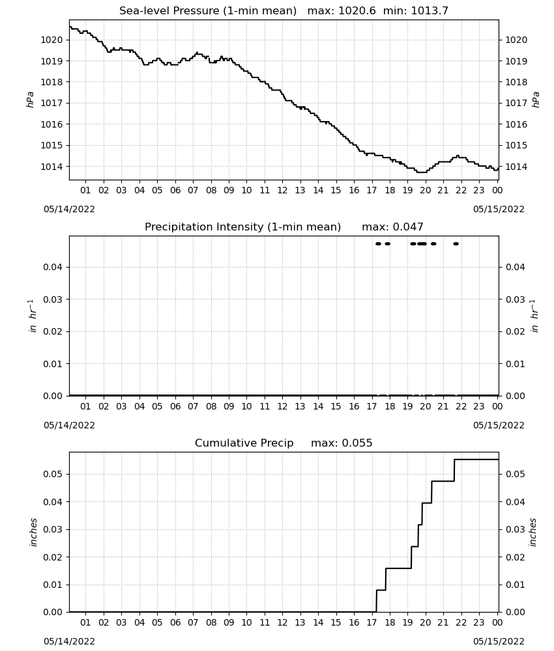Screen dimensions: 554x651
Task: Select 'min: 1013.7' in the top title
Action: [416, 10]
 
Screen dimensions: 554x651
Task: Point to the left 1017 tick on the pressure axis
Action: [51, 103]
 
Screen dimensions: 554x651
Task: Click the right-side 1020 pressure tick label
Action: [516, 40]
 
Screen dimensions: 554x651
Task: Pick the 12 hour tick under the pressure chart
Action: [282, 190]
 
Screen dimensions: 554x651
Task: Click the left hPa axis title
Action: [31, 100]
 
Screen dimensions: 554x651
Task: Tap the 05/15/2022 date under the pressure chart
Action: [499, 209]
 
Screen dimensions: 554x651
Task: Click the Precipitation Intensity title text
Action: [242, 227]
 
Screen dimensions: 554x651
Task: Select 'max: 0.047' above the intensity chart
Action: [393, 227]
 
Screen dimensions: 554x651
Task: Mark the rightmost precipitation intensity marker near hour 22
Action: [456, 243]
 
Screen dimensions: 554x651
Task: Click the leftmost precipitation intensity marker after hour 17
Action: [378, 243]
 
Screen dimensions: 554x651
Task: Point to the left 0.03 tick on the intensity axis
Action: [53, 299]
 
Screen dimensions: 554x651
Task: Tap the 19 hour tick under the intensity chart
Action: [408, 406]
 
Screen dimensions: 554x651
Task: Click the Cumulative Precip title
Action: [244, 443]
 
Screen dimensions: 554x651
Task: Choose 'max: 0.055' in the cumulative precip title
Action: [342, 443]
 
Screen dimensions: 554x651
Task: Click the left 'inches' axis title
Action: [34, 533]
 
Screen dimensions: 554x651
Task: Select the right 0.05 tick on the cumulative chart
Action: [516, 474]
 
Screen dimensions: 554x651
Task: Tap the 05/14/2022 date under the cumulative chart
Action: [69, 641]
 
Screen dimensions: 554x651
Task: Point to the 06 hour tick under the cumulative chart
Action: [175, 622]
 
